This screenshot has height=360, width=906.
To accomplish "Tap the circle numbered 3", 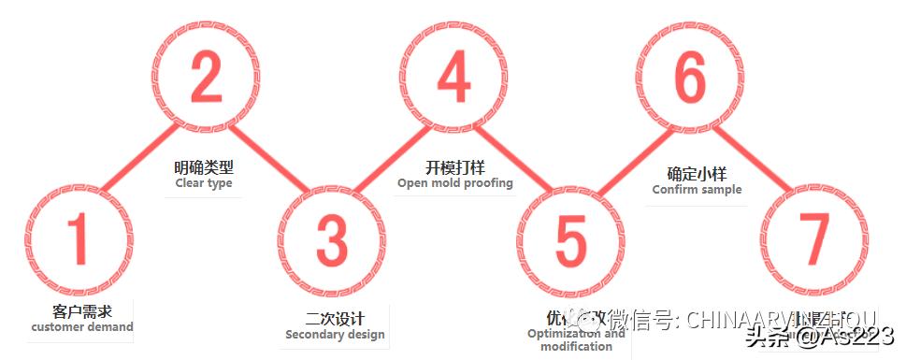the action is pos(331,240).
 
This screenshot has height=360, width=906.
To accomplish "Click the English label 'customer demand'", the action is pos(82,327).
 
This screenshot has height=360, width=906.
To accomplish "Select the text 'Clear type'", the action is pos(204,183).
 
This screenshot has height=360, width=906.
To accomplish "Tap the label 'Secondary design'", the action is pos(335,335).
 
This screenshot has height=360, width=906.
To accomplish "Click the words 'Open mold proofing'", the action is pos(455,183).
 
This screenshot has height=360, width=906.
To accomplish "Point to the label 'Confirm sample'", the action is pos(697,190).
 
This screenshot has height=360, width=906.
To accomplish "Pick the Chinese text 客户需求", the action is pos(82,311).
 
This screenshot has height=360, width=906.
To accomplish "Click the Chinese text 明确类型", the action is pos(204,168).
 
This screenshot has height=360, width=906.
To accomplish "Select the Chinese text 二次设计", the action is pos(335,318).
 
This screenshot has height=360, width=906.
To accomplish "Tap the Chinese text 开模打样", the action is pos(455,167).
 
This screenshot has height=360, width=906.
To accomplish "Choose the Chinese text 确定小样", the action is pos(697,174).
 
